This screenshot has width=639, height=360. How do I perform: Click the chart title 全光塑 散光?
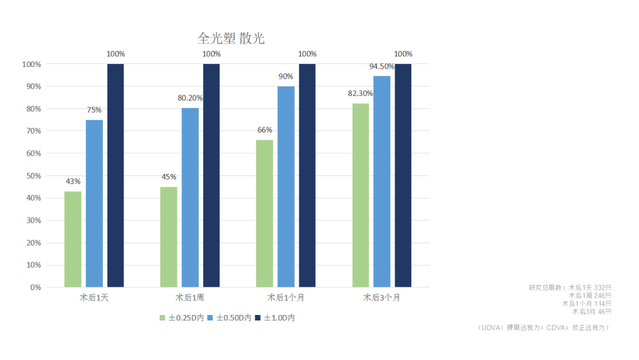(231, 39)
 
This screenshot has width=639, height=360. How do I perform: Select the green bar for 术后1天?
(73, 239)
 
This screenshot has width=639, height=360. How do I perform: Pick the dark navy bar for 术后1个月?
(307, 175)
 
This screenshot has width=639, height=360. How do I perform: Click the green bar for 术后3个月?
(360, 195)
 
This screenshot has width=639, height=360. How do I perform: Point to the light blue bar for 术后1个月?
(286, 187)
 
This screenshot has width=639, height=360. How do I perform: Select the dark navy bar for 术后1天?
(115, 175)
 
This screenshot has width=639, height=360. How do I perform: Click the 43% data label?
(73, 181)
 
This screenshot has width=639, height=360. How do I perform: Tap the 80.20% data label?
(190, 98)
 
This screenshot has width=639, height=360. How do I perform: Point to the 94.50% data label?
(382, 66)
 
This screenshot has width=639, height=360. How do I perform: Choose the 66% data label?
(264, 130)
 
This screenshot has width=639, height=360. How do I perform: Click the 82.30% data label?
(360, 94)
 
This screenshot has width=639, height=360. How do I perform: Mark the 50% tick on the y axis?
(32, 176)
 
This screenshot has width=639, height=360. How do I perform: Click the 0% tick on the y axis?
(35, 287)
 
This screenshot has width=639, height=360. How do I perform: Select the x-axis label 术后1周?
(190, 297)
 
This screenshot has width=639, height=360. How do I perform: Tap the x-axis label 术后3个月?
(382, 297)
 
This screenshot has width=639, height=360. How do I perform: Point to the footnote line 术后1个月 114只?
(586, 303)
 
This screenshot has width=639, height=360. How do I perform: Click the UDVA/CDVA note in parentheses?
(543, 327)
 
